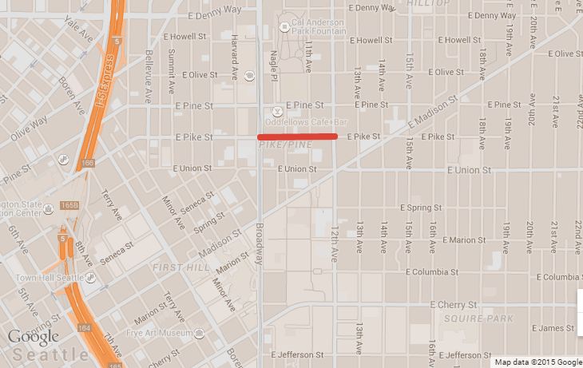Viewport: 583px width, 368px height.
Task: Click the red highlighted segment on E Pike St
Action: [297, 137]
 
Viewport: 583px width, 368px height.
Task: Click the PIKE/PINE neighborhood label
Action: [284, 145]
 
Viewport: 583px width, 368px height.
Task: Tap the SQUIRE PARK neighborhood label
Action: [470, 319]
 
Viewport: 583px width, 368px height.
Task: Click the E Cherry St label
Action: [453, 304]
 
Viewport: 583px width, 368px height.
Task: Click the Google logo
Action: [34, 336]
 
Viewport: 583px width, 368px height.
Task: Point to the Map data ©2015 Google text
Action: [537, 362]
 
